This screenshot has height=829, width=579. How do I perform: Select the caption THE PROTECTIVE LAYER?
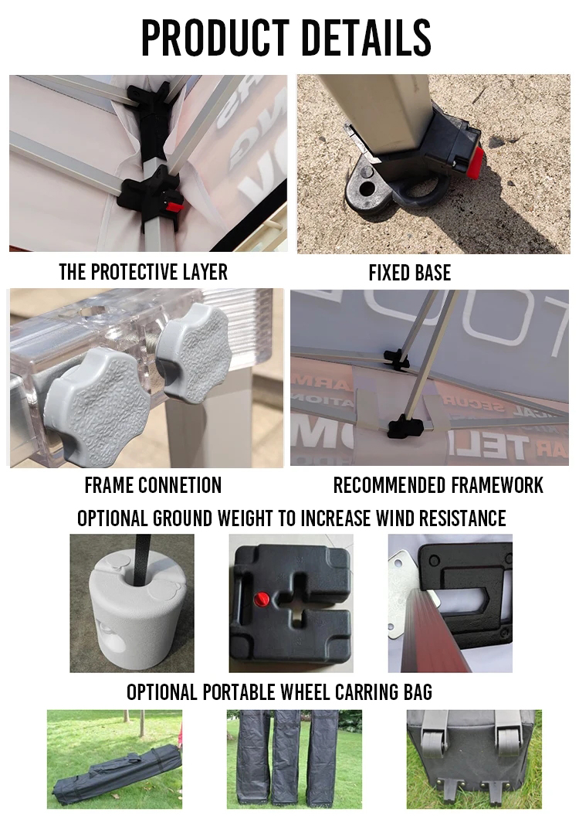(x=143, y=272)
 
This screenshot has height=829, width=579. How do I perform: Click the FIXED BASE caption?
(x=409, y=273)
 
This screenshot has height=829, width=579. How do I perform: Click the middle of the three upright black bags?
(x=292, y=759)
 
